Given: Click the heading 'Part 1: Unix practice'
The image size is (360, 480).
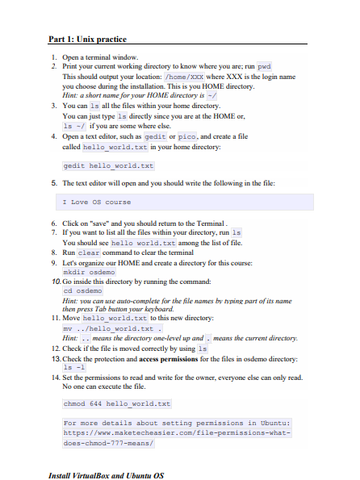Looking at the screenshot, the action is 87,39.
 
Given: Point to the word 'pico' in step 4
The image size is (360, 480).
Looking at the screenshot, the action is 187,136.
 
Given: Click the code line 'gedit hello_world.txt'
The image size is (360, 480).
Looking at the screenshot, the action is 108,166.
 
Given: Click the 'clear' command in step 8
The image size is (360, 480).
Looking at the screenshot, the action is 88,253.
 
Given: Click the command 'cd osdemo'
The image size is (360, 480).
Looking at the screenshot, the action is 82,290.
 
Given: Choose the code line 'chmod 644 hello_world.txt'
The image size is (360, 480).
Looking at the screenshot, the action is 116,403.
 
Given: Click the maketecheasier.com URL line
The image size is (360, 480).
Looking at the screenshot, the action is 176,432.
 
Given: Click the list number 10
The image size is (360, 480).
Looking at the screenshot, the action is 55,282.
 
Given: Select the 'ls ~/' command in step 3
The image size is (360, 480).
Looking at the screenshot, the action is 74,127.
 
